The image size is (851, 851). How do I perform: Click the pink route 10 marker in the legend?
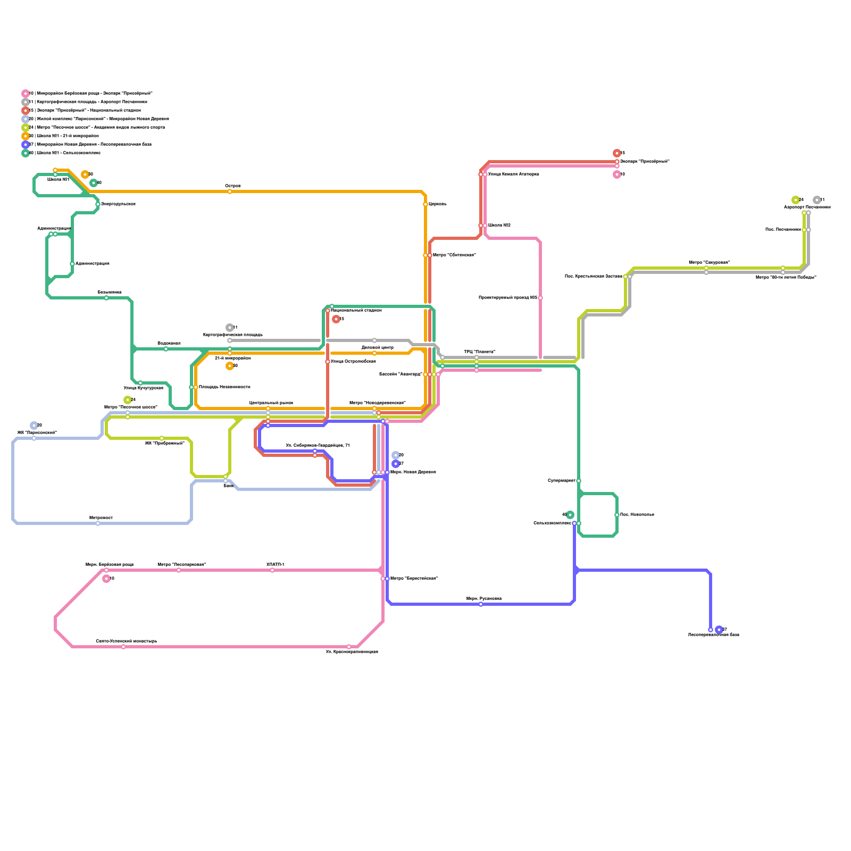pos(25,94)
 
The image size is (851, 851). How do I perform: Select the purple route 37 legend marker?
pos(25,145)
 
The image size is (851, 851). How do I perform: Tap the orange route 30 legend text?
pos(64,136)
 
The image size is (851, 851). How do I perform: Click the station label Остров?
pos(233,186)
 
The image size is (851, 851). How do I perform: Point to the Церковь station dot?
pos(425,204)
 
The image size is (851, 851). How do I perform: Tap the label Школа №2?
pos(499,226)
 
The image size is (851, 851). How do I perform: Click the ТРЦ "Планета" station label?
pos(479,352)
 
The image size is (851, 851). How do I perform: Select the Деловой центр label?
pos(377,347)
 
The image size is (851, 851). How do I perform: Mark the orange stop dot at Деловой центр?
pos(374,353)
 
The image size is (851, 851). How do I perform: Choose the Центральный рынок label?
pos(271,403)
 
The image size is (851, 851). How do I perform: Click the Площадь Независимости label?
pos(224,387)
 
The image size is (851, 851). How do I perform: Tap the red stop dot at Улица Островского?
pos(328,362)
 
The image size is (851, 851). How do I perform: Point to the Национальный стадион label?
pos(356,310)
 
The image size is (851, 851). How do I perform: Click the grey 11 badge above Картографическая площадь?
pos(230,328)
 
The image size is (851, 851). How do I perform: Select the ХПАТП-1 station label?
pos(275,565)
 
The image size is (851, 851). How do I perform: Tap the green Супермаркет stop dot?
pos(579,481)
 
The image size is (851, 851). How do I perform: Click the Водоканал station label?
pos(169,344)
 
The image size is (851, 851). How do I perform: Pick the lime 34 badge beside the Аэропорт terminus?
pos(796,200)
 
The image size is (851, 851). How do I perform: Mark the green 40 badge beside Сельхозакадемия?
pos(570,515)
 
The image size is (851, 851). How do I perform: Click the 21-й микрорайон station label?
pos(233,358)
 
